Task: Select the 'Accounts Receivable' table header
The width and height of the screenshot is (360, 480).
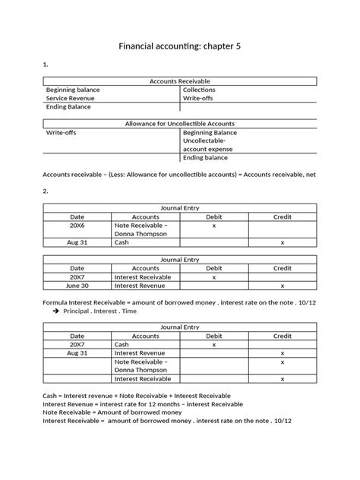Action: pyautogui.click(x=180, y=81)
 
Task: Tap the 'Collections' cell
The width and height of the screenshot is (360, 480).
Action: pyautogui.click(x=199, y=90)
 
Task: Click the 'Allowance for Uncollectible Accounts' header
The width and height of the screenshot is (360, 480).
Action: pyautogui.click(x=180, y=123)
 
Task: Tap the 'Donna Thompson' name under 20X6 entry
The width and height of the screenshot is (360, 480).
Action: pyautogui.click(x=137, y=234)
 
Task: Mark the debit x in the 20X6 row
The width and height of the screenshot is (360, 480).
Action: pyautogui.click(x=214, y=226)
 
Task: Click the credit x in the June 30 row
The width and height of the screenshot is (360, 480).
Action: pyautogui.click(x=283, y=286)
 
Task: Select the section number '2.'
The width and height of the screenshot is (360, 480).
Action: pyautogui.click(x=46, y=191)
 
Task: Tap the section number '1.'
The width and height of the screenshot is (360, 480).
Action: pyautogui.click(x=46, y=65)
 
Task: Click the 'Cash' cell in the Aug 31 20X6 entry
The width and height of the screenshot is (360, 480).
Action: pyautogui.click(x=122, y=243)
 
